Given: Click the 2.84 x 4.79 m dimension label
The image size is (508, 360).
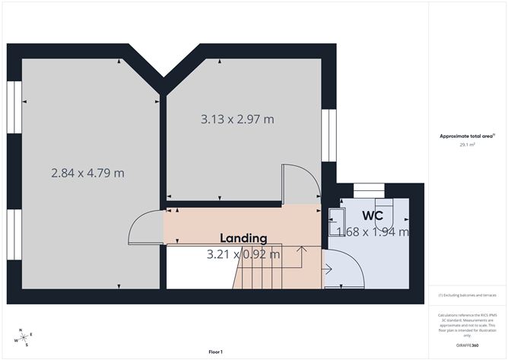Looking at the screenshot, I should (87, 173).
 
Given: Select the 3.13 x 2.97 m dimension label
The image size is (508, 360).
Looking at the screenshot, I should (237, 119).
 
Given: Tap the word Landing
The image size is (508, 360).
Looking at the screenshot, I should (243, 237).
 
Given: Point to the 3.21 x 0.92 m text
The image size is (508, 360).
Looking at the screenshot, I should (243, 254).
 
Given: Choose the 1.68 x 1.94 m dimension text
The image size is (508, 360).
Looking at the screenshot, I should (373, 232).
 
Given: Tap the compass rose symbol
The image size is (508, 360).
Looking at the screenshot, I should (25, 337).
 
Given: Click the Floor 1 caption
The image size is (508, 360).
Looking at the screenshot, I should (216, 352).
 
